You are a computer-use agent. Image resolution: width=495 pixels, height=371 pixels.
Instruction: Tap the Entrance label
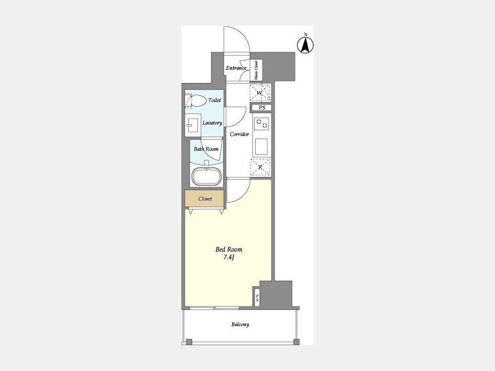coord(236,68)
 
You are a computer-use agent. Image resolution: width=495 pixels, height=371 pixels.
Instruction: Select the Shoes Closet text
coord(256,70)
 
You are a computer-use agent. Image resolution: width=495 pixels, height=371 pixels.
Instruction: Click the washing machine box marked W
coord(260,93)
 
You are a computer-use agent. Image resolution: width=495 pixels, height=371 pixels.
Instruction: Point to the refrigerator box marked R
coord(261,167)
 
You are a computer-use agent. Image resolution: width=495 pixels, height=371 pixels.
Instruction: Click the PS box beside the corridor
coord(261,108)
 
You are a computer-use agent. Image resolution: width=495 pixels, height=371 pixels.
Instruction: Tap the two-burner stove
coord(262,123)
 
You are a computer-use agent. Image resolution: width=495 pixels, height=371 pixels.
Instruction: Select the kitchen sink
coord(261,147)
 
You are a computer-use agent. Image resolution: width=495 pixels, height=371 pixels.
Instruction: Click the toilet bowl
coord(196,101)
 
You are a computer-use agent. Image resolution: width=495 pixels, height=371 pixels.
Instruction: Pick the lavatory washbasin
coord(193,125)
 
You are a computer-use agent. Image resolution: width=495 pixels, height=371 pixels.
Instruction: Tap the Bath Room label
coord(206,149)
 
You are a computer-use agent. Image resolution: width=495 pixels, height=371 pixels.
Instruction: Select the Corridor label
coord(239,134)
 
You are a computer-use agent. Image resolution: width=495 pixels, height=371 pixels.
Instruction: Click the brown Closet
coord(205,199)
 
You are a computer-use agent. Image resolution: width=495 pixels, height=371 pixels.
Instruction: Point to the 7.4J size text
coord(229,257)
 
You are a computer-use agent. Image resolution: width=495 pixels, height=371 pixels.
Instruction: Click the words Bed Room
coord(229,249)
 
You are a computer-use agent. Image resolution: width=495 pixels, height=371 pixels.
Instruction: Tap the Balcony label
coord(240,324)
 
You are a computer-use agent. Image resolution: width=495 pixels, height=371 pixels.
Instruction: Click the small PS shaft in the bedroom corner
coord(257,297)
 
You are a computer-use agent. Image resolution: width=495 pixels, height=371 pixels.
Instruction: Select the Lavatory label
coord(212,123)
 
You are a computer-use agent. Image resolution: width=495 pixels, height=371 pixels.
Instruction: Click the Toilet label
coord(215,100)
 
